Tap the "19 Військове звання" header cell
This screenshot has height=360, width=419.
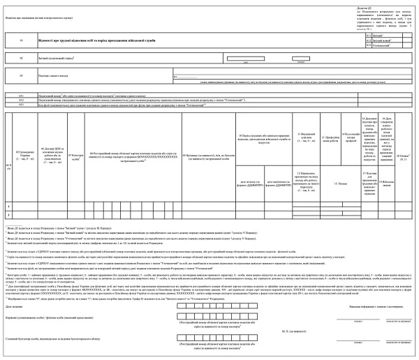pyautogui.click(x=389, y=187)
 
